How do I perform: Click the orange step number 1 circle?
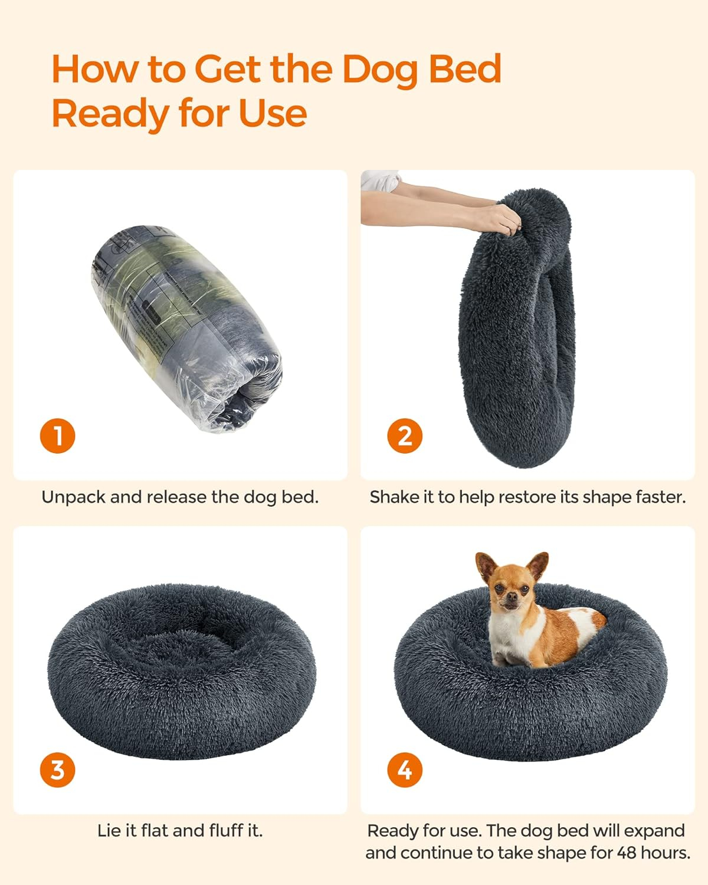58,436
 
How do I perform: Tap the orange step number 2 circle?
405,436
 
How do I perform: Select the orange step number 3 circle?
58,770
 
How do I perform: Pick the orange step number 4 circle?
405,770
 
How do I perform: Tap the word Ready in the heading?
110,114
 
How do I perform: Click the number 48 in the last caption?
627,853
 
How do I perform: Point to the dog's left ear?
538,566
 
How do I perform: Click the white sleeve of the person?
380,181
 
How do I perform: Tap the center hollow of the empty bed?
181,641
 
